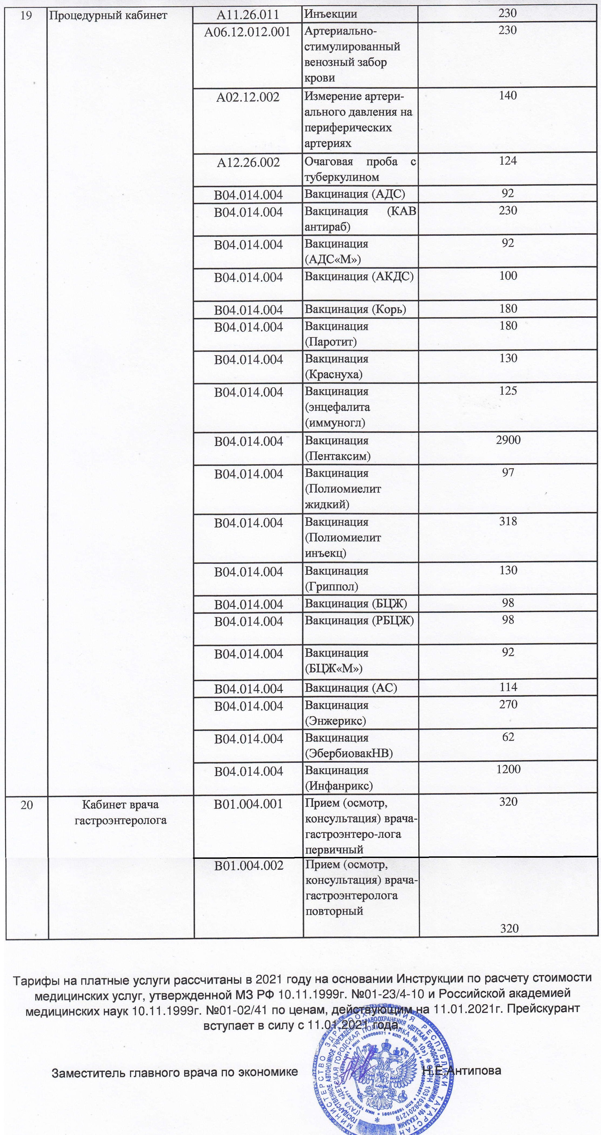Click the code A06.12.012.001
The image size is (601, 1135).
point(247,32)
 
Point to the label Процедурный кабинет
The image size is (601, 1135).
point(108,15)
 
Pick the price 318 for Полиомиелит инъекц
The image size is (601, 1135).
point(508,521)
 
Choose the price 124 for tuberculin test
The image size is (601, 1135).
point(508,161)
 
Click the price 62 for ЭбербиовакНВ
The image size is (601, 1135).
point(508,736)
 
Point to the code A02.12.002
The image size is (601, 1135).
point(248,97)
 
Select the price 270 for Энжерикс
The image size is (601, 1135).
point(508,704)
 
